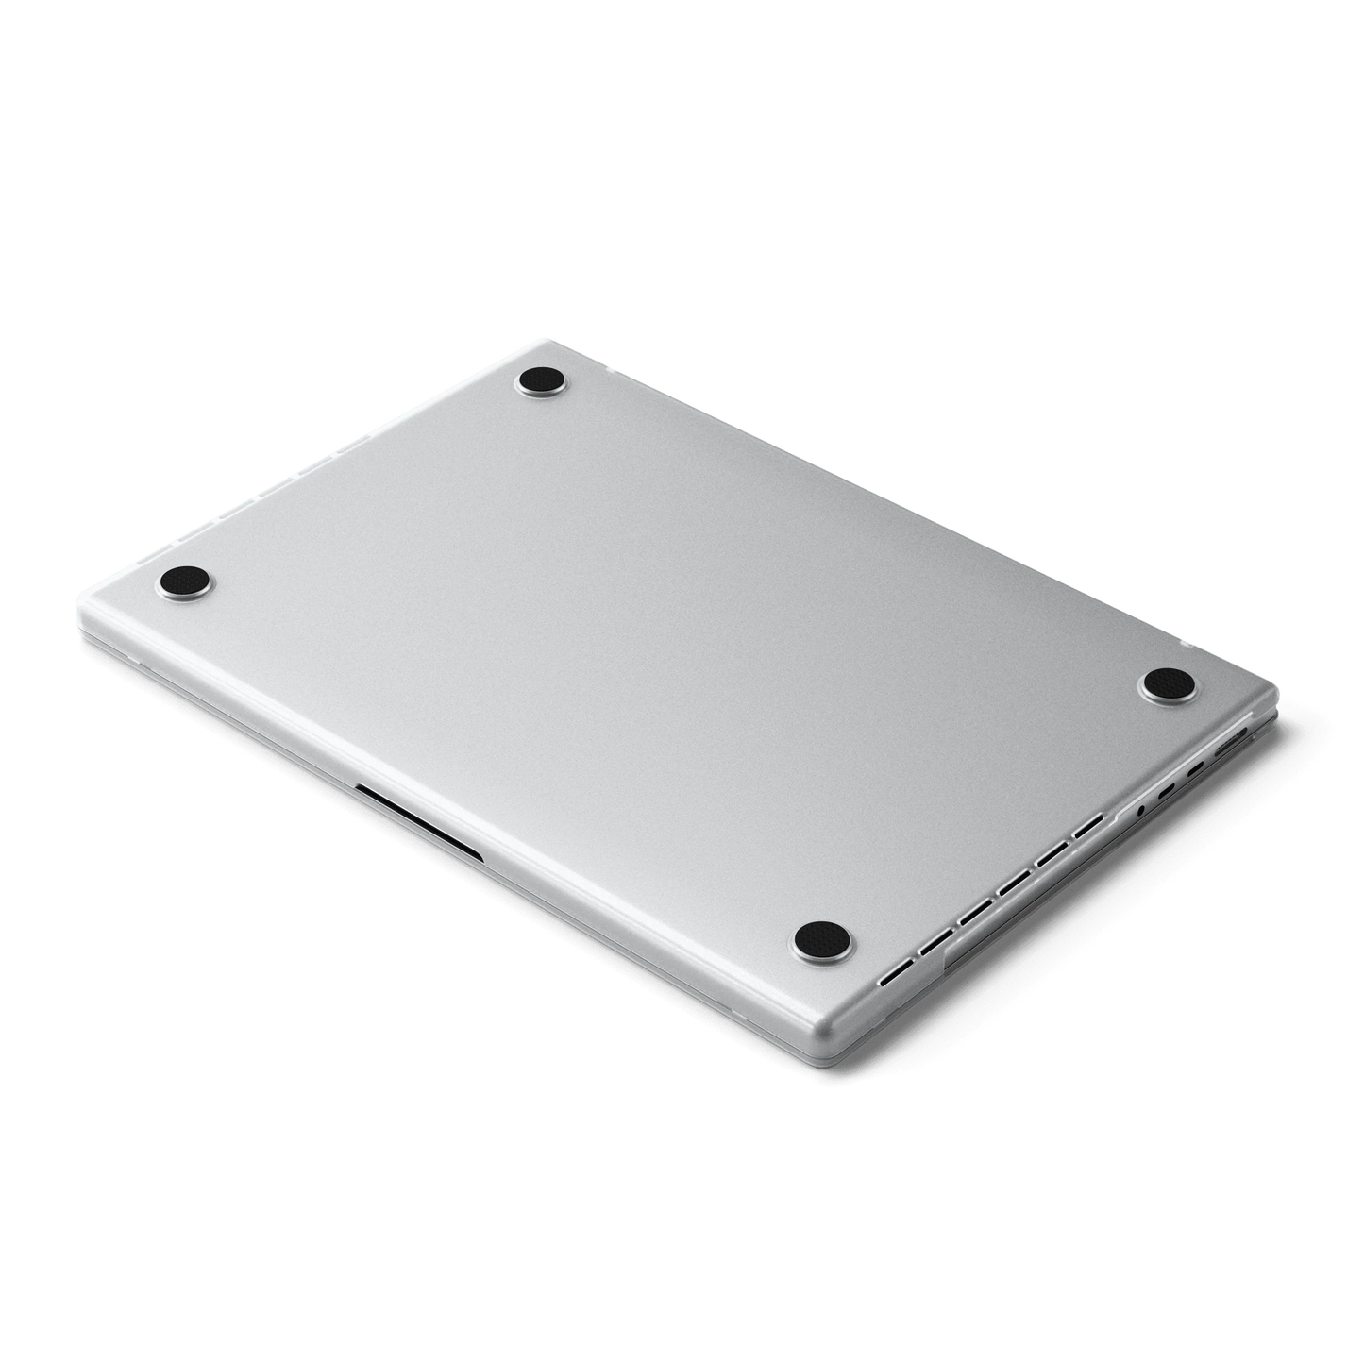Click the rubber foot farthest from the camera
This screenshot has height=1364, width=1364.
[x=544, y=383]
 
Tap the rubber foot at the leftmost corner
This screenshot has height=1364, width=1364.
[x=184, y=580]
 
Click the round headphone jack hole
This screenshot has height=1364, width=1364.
[x=1141, y=810]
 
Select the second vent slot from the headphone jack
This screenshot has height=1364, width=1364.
[x=1052, y=853]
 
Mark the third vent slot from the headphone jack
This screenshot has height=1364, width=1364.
[x=1014, y=883]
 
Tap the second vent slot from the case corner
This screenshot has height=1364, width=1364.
[x=935, y=941]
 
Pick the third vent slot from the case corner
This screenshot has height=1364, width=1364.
[x=975, y=912]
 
